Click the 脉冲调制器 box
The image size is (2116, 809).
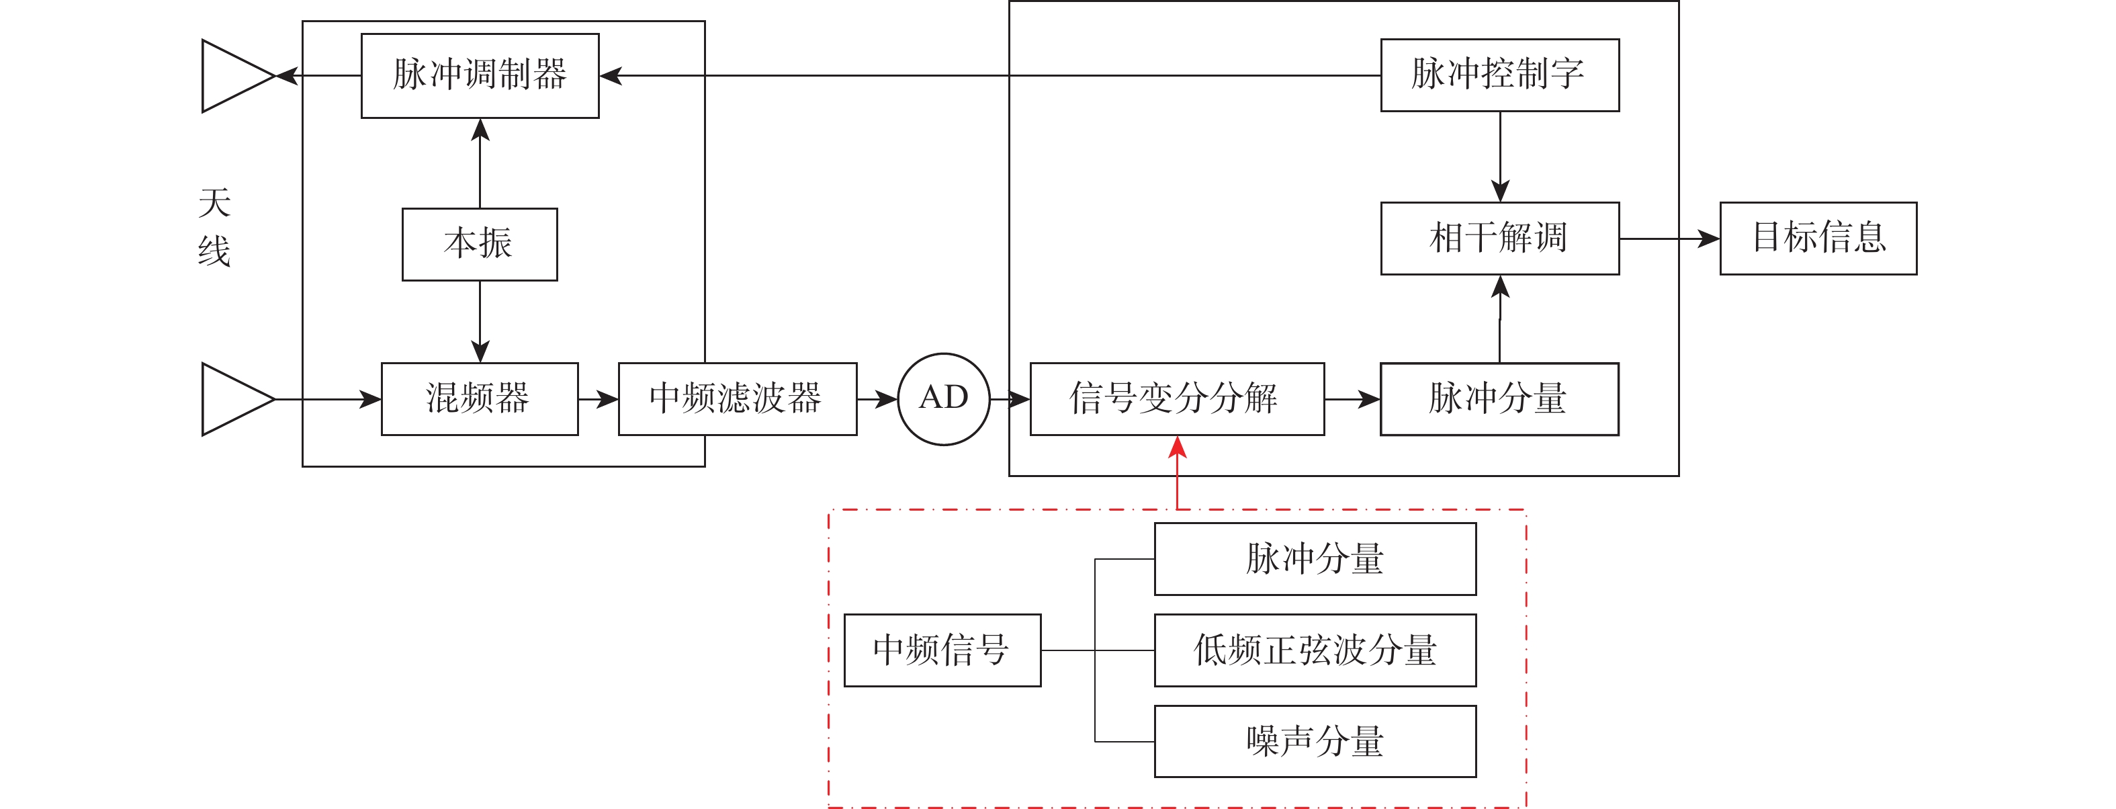pos(480,75)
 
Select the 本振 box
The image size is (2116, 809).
pos(480,244)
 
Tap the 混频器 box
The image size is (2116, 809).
pos(480,399)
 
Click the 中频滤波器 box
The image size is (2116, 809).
pos(737,399)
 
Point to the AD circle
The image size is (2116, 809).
pos(944,399)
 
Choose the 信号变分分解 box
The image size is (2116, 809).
pos(1176,399)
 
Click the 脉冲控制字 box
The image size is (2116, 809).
pos(1500,75)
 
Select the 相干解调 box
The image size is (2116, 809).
pos(1500,238)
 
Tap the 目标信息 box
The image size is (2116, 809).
pos(1818,238)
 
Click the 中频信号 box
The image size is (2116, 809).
pos(942,650)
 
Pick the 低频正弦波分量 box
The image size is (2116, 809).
pos(1315,650)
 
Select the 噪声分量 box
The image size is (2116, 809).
pos(1315,741)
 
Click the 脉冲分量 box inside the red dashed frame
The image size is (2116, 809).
pos(1315,558)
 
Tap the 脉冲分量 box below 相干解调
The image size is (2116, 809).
pos(1499,399)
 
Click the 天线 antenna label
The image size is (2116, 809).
pos(214,226)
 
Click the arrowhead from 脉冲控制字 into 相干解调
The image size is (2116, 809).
pos(1500,191)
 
